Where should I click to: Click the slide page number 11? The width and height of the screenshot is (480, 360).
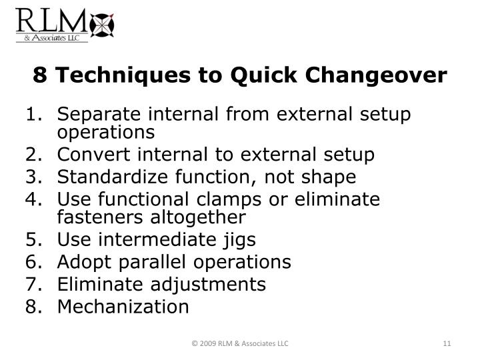(447, 343)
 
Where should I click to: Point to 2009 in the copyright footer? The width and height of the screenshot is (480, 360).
(207, 343)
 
